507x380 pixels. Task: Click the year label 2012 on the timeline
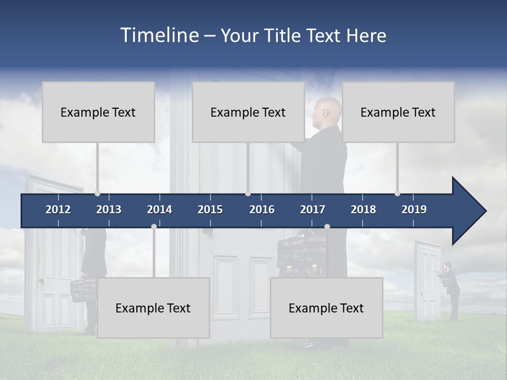(58, 210)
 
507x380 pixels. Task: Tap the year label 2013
(109, 210)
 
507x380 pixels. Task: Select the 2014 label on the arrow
(159, 210)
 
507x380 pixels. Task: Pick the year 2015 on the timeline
(210, 210)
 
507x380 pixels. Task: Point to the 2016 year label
(262, 210)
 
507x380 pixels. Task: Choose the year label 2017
(313, 210)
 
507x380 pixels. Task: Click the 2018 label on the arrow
(363, 210)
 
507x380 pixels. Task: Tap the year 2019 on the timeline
(414, 210)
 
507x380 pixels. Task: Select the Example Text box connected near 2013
(98, 112)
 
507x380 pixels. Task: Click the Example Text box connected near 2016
(248, 112)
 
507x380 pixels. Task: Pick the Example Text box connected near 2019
(398, 112)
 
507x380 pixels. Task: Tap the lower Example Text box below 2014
(153, 308)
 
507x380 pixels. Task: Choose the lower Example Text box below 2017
(326, 308)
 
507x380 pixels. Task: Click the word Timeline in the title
(159, 35)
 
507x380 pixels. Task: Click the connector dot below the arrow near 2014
(154, 226)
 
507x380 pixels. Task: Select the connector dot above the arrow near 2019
(398, 193)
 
